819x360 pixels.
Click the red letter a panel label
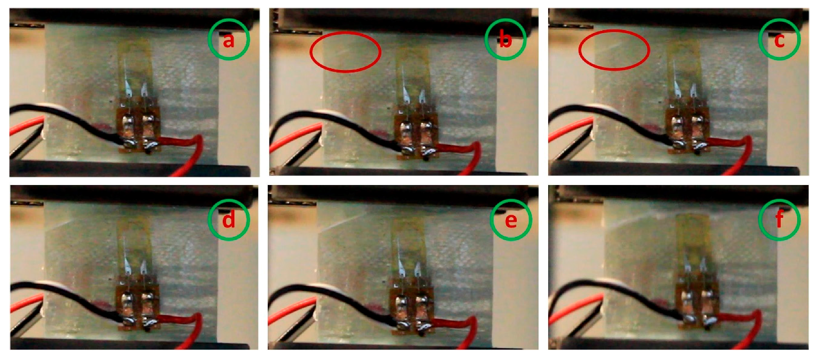tap(229, 41)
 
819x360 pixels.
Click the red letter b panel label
tap(505, 40)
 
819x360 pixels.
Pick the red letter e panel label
tap(511, 220)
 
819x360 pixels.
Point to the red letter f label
tap(779, 219)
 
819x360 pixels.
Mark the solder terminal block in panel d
tap(138, 307)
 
